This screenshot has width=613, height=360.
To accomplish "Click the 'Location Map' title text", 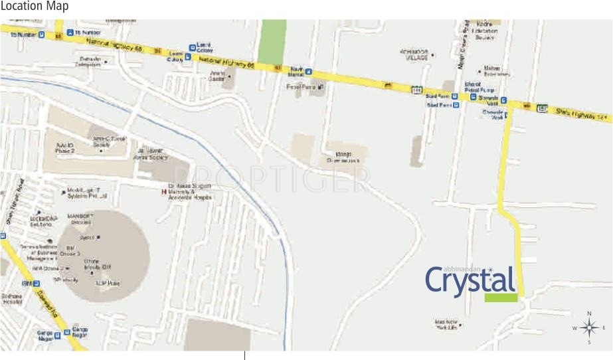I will [x=34, y=7].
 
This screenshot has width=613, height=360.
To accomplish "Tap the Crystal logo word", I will [x=470, y=280].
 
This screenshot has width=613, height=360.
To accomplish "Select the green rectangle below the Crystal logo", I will [x=501, y=298].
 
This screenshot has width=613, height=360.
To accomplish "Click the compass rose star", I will [x=588, y=327].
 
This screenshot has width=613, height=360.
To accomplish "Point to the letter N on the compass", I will [x=588, y=314].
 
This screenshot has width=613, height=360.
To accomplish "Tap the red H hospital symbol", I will [x=164, y=192].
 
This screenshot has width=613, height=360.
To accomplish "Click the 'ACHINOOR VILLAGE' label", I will [x=416, y=55].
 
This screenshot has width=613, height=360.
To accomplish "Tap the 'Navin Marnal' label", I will [x=296, y=72].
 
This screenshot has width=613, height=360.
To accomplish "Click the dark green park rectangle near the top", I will [x=272, y=41].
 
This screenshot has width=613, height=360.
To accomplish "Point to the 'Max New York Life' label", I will [x=446, y=325].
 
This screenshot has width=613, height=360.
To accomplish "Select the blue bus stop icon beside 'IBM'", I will [x=37, y=284].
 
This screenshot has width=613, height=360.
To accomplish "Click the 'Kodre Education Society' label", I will [x=484, y=34].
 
